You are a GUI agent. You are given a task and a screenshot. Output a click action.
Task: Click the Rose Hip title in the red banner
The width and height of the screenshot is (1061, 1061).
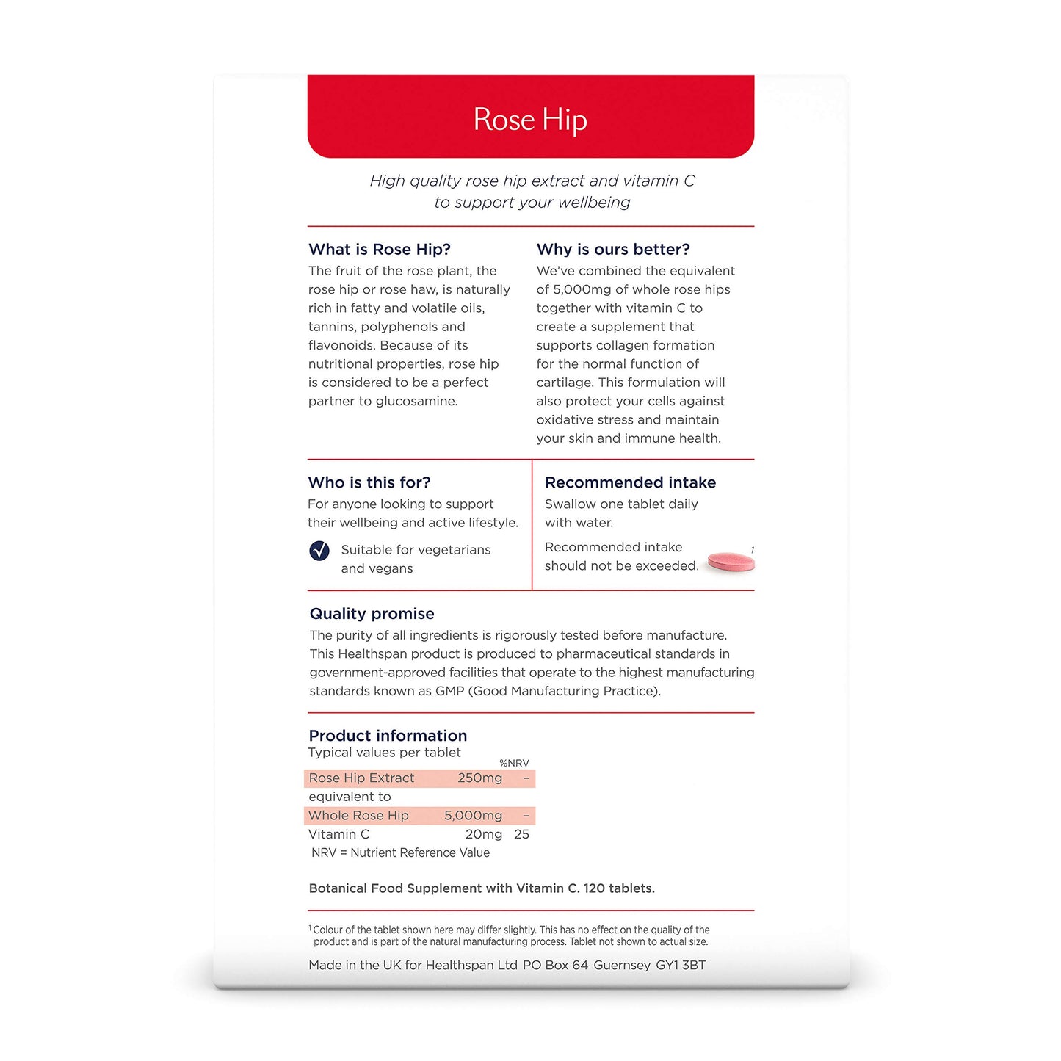(x=530, y=120)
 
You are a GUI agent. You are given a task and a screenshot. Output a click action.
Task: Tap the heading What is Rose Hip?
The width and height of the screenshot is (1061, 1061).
(x=380, y=250)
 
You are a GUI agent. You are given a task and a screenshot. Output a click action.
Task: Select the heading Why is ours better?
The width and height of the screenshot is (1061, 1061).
(x=613, y=250)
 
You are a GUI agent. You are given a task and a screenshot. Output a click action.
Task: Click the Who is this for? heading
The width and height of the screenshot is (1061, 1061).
(x=369, y=482)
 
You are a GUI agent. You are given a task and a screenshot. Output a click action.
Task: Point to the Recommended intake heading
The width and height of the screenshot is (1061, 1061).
(x=630, y=482)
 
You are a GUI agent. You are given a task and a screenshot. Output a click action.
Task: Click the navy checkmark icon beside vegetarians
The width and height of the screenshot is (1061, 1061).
(x=319, y=551)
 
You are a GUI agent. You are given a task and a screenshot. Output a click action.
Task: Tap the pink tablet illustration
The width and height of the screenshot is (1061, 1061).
(x=731, y=562)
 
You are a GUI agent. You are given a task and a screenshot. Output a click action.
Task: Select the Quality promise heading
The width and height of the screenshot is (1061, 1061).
(x=372, y=614)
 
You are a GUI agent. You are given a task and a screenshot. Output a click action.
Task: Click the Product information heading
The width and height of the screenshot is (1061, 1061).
(x=388, y=736)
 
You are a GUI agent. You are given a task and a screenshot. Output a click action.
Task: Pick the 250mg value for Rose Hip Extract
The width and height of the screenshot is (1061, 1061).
(x=480, y=778)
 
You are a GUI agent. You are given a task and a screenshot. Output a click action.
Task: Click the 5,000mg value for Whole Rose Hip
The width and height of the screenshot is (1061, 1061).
(x=473, y=816)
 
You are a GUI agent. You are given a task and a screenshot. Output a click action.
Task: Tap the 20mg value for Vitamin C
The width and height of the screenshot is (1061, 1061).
(x=484, y=834)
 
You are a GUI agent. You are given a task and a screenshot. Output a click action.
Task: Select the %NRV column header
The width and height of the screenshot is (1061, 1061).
(x=514, y=764)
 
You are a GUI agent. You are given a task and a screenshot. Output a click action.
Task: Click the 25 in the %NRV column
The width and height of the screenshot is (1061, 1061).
(x=521, y=834)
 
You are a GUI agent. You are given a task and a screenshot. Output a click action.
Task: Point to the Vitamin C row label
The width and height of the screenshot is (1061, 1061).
(x=339, y=834)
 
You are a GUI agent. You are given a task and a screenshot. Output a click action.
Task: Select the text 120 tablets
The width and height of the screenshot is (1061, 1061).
(x=619, y=888)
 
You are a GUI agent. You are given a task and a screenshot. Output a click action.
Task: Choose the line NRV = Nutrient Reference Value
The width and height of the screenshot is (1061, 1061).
(x=400, y=852)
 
